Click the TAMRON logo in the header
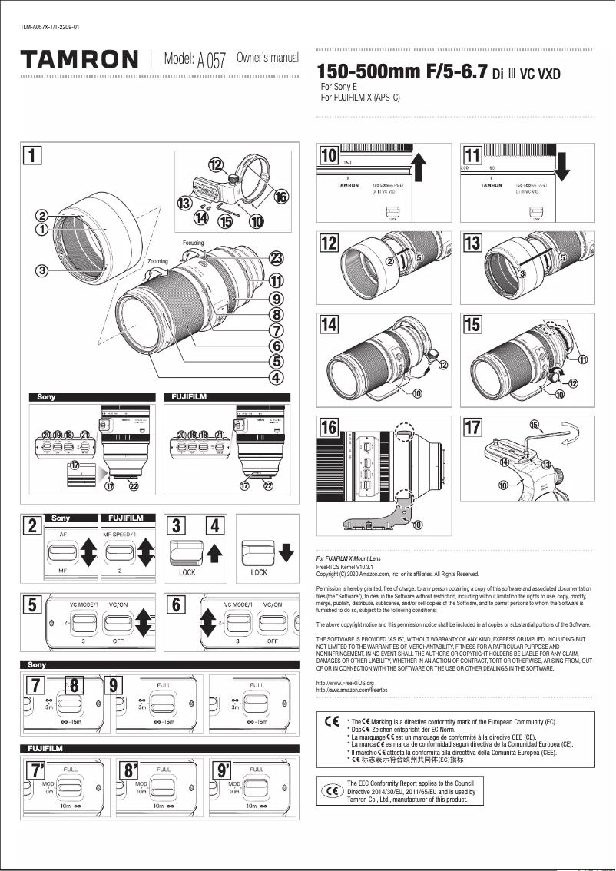click(79, 59)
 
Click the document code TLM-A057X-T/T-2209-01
click(49, 28)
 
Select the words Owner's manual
click(267, 58)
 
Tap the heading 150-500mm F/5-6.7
click(403, 73)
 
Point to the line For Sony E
click(339, 88)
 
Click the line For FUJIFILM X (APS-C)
click(360, 98)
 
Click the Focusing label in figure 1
click(194, 243)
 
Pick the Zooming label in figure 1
click(157, 262)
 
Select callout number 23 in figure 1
click(277, 259)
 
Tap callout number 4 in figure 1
click(277, 377)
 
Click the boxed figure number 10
click(329, 155)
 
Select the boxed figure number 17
click(472, 427)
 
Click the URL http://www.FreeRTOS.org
click(345, 683)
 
